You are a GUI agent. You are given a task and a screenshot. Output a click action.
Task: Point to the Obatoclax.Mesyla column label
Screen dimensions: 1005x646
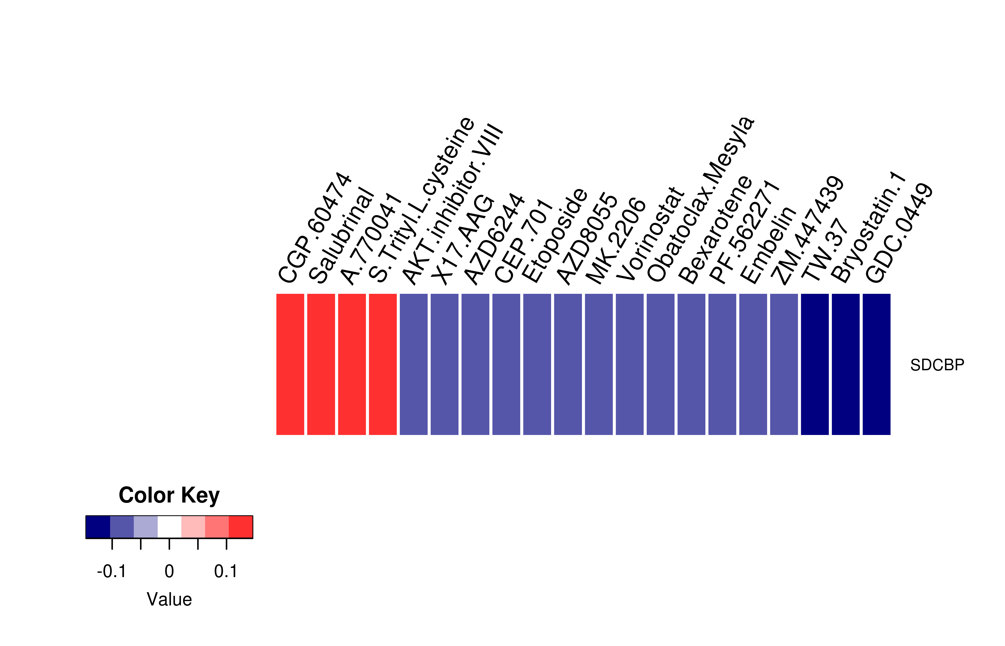pyautogui.click(x=700, y=200)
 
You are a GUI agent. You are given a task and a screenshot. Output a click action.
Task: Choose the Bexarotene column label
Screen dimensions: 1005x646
pyautogui.click(x=715, y=230)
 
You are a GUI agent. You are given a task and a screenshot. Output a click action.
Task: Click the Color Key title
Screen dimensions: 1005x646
pyautogui.click(x=169, y=496)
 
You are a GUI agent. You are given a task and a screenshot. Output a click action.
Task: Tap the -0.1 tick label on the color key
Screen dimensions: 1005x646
pyautogui.click(x=112, y=571)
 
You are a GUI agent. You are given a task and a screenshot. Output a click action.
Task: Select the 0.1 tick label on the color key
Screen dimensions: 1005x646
pyautogui.click(x=226, y=571)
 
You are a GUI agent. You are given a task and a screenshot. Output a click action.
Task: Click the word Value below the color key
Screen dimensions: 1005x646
pyautogui.click(x=169, y=599)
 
